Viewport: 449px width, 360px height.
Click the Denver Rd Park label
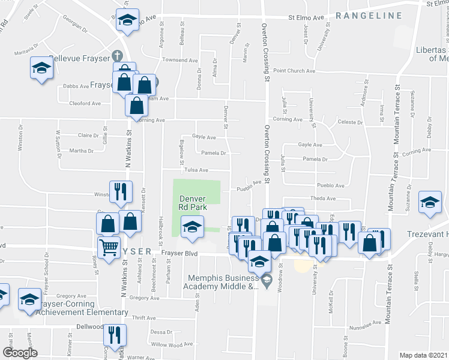pyautogui.click(x=193, y=202)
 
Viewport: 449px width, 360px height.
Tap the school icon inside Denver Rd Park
pyautogui.click(x=192, y=227)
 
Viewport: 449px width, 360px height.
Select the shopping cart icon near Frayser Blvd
pyautogui.click(x=109, y=246)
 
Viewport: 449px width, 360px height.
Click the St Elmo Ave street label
pyautogui.click(x=306, y=18)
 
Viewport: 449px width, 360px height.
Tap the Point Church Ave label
pyautogui.click(x=294, y=71)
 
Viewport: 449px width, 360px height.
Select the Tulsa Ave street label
pyautogui.click(x=196, y=170)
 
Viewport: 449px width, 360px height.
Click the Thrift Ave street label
pyautogui.click(x=143, y=318)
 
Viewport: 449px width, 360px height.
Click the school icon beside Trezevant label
pyautogui.click(x=430, y=203)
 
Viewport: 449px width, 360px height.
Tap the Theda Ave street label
pyautogui.click(x=322, y=199)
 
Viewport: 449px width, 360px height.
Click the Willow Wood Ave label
pyautogui.click(x=167, y=344)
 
